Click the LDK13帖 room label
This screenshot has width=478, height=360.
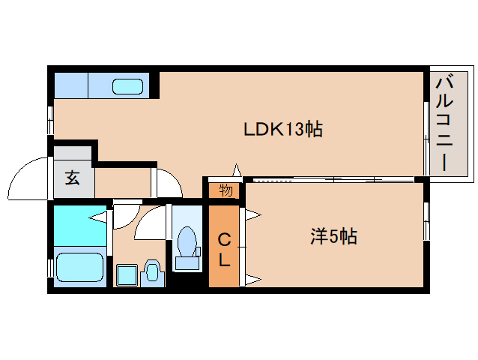coord(283,129)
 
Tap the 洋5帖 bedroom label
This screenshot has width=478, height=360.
coord(333,236)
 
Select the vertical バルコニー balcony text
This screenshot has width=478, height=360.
coord(444,124)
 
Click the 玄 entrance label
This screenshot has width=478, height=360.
coord(73,178)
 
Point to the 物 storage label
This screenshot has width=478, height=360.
coord(226,190)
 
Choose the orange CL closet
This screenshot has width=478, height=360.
coord(224,246)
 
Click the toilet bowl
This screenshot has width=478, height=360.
coord(187,241)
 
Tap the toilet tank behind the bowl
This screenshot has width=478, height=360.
coord(187,263)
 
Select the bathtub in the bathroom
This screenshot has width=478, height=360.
coord(79,268)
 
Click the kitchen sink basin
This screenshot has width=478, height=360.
coord(127,87)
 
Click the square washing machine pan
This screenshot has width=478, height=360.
coord(127,275)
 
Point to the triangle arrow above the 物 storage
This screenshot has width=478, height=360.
coord(237,170)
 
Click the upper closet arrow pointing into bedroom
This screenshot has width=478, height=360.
coord(253,214)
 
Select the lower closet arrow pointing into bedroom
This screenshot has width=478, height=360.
coord(253,279)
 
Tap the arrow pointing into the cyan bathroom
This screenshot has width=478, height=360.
coord(97,217)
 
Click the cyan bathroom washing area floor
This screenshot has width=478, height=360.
coord(80,226)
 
